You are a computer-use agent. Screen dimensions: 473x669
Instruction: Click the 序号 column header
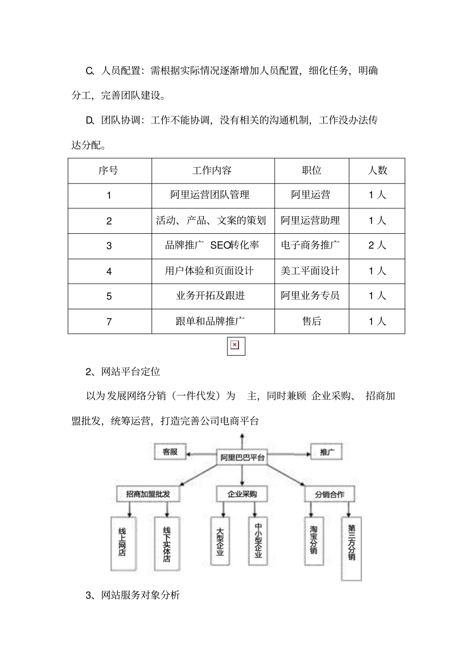click(109, 171)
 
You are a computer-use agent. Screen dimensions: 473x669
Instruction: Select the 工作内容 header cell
click(212, 171)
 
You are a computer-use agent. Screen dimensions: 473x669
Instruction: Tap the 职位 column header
click(312, 171)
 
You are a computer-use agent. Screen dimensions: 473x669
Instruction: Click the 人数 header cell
click(377, 171)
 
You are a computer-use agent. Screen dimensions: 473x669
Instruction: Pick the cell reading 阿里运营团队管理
click(210, 195)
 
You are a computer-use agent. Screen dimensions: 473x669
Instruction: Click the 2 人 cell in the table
click(377, 245)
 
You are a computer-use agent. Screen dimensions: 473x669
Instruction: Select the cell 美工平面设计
click(310, 271)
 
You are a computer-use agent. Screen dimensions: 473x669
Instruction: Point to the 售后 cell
click(312, 321)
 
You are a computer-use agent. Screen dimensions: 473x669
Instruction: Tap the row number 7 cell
click(109, 322)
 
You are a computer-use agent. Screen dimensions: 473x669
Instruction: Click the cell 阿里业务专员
click(310, 296)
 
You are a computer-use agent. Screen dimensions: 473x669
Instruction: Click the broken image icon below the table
click(236, 346)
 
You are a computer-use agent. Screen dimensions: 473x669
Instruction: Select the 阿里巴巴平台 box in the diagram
click(242, 457)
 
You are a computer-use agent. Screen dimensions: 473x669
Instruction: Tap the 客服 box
click(170, 452)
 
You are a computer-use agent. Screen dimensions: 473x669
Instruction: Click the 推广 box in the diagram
click(327, 452)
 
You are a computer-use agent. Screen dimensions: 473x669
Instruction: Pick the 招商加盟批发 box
click(147, 494)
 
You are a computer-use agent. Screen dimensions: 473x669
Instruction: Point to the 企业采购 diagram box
click(242, 494)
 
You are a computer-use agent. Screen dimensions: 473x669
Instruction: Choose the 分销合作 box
click(329, 494)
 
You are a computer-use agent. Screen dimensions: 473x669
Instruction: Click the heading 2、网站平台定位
click(123, 372)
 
